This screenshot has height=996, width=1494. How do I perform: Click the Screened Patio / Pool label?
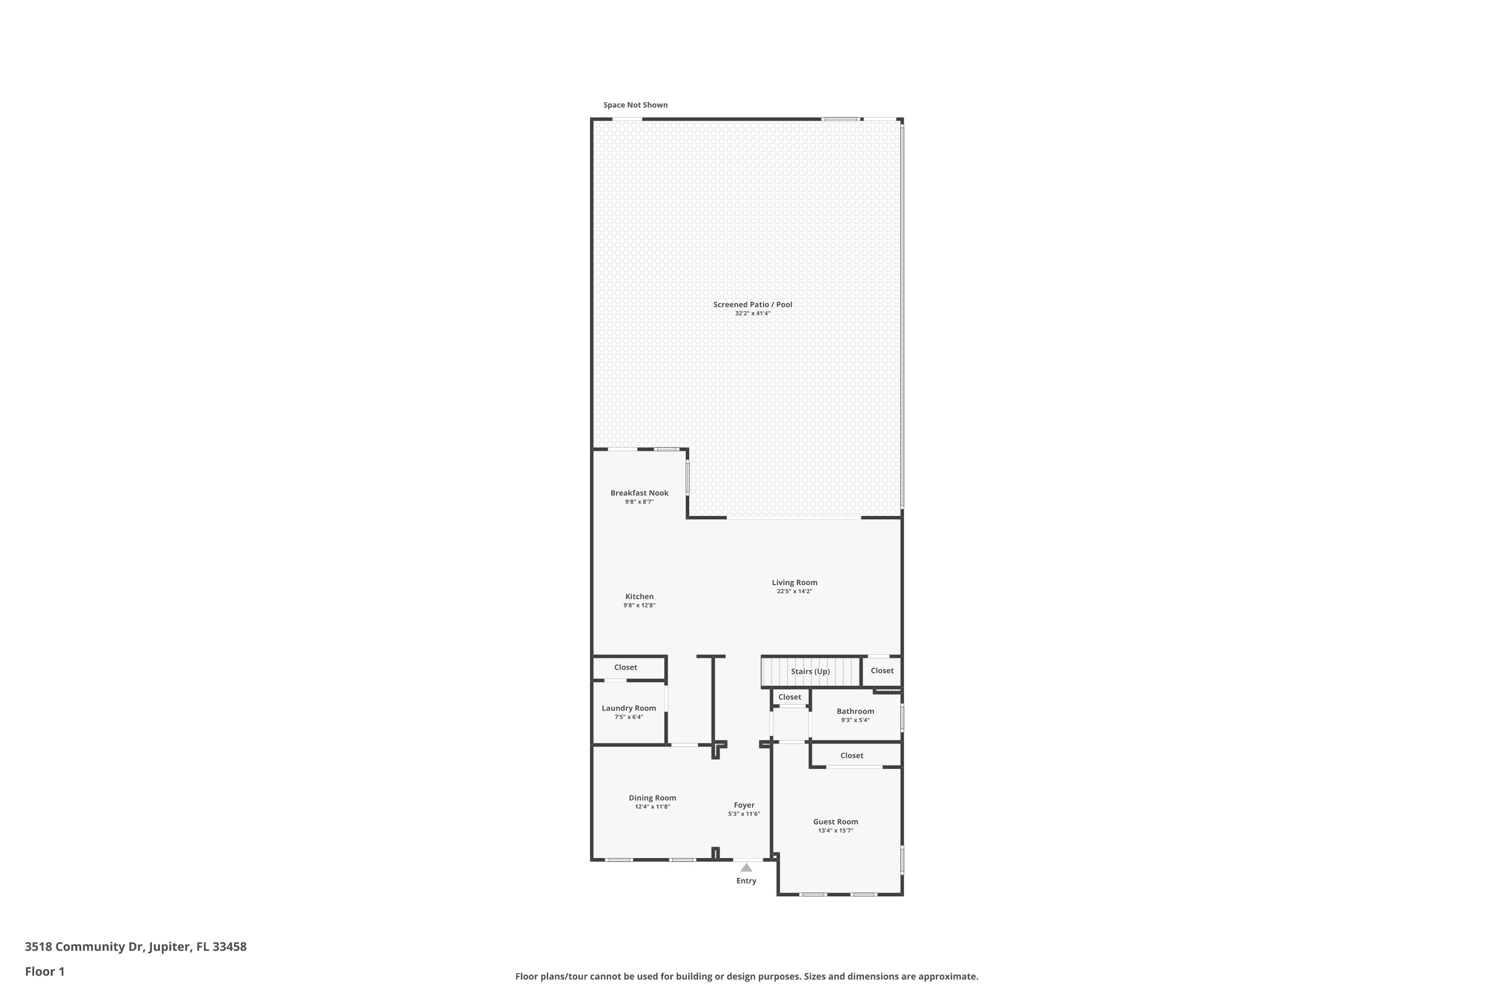[752, 304]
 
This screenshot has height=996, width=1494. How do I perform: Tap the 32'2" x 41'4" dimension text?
[752, 314]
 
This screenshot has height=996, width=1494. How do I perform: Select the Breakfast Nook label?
[639, 493]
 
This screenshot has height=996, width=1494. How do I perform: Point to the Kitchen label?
[639, 597]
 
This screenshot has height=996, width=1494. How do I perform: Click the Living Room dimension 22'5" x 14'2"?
[794, 592]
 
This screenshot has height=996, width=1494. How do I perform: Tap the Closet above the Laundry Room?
[625, 667]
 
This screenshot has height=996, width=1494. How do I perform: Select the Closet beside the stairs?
[881, 671]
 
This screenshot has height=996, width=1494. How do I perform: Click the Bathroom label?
[855, 712]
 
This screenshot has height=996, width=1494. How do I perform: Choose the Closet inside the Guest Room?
[851, 755]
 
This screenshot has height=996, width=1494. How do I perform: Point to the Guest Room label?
[835, 822]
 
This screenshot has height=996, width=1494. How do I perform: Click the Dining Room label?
[652, 798]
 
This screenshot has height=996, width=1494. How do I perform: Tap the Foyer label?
[744, 805]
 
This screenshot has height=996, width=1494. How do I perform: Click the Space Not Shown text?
[635, 105]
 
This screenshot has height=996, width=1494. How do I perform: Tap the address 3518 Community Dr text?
[135, 947]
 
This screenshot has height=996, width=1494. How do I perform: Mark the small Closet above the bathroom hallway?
[789, 697]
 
